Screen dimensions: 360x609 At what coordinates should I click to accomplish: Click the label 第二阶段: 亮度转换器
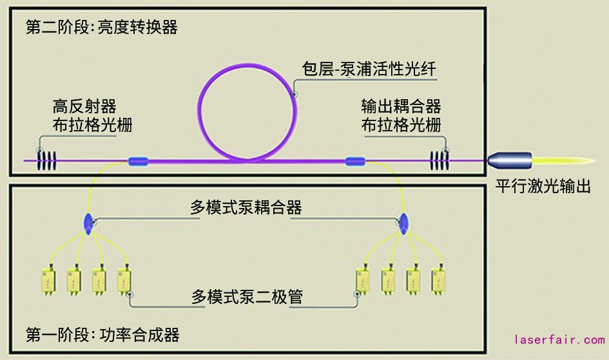[x=101, y=28]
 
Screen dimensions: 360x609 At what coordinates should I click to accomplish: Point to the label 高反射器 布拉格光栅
[x=93, y=115]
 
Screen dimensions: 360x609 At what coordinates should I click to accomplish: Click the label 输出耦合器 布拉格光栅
[x=401, y=115]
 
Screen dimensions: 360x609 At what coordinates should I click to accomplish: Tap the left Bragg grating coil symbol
[x=47, y=158]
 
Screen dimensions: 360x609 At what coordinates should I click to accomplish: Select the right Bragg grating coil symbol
[x=440, y=158]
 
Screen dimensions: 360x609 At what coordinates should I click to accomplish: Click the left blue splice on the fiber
[x=139, y=161]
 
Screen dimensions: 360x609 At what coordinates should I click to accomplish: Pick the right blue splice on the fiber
[x=355, y=161]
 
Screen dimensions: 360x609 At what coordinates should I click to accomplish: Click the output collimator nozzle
[x=510, y=160]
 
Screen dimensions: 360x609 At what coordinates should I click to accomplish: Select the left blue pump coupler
[x=89, y=222]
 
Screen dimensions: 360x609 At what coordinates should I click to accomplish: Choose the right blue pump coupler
[x=405, y=222]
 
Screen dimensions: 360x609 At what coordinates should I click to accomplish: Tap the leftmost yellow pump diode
[x=49, y=278]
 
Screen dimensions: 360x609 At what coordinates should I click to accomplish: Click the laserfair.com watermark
[x=559, y=339]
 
